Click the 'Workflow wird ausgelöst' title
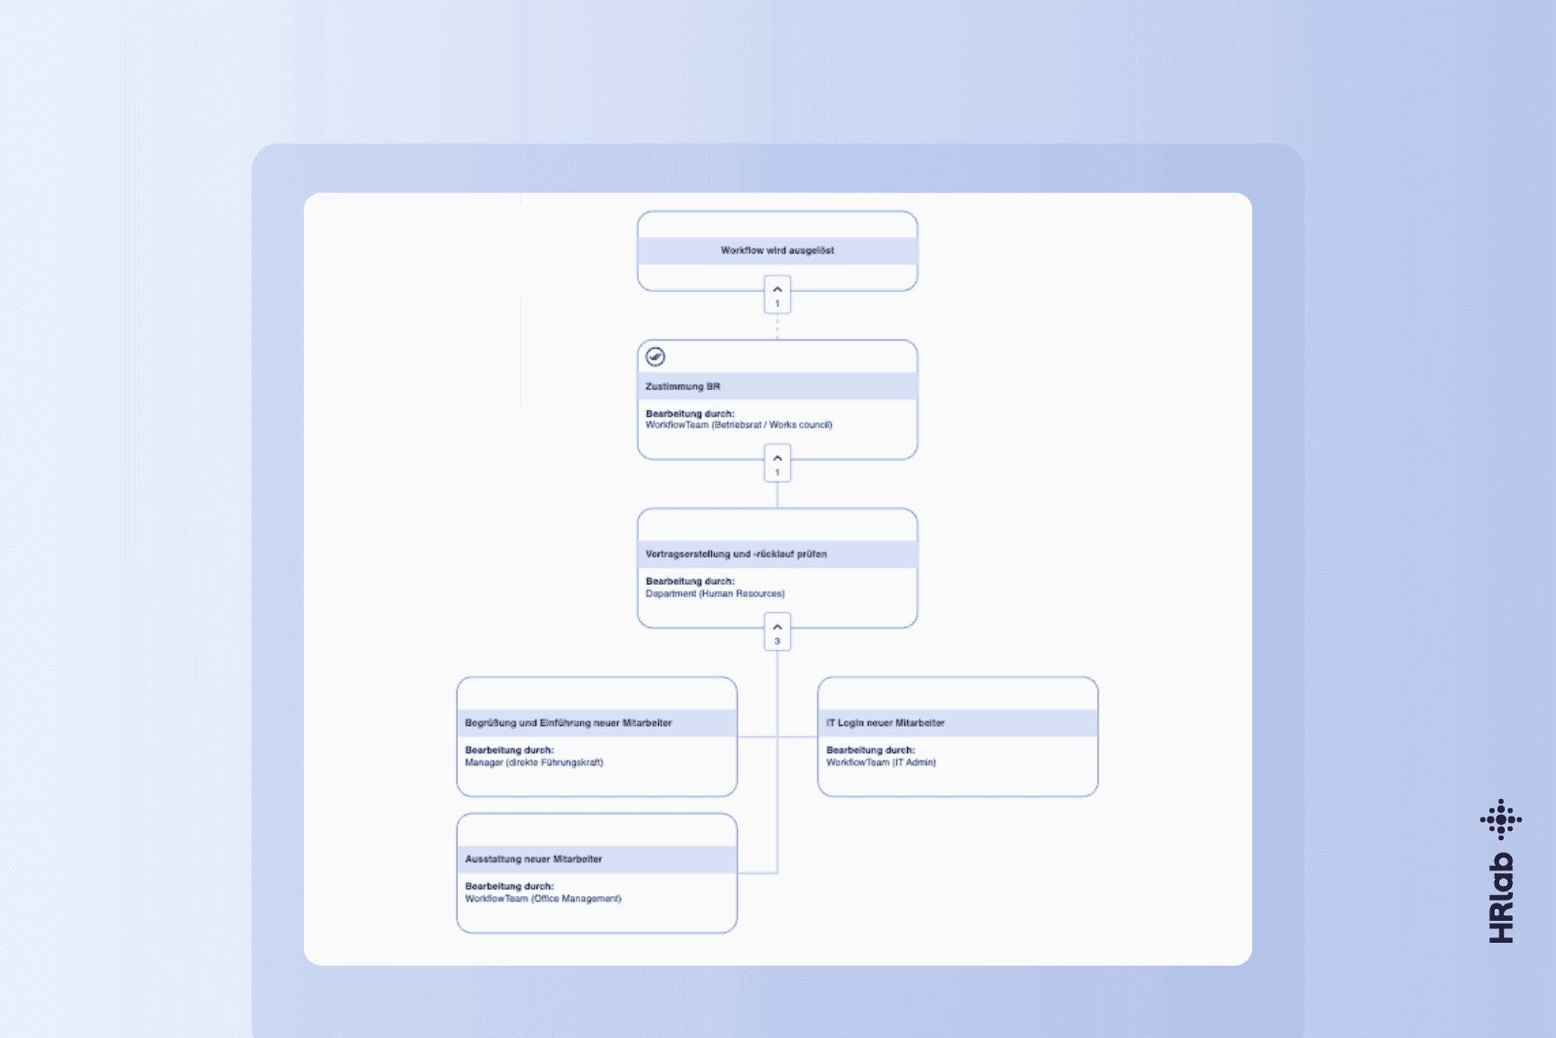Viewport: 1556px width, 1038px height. [777, 250]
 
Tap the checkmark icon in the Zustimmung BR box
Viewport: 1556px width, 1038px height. [655, 356]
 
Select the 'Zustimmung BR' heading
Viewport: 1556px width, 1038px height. [683, 386]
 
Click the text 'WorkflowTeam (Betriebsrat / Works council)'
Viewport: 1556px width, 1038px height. [740, 425]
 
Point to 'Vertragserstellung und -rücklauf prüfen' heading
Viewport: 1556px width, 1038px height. [736, 554]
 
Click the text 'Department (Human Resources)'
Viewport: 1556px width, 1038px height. [716, 593]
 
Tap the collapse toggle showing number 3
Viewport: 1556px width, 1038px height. [777, 632]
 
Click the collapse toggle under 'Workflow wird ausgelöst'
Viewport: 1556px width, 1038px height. [777, 294]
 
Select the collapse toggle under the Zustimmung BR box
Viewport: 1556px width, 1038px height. [777, 463]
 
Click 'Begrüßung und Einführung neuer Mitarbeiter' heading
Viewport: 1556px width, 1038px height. [568, 722]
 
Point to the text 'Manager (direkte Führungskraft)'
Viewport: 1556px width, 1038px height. [535, 762]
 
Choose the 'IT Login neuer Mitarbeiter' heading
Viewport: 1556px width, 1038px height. [886, 722]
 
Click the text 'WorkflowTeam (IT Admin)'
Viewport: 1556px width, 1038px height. [881, 762]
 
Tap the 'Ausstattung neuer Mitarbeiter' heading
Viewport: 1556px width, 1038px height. [534, 859]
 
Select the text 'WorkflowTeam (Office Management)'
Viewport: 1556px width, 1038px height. [543, 898]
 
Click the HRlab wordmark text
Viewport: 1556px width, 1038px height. [1502, 898]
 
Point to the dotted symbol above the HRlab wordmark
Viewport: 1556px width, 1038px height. [1501, 820]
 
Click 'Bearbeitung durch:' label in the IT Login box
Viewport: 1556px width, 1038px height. [870, 751]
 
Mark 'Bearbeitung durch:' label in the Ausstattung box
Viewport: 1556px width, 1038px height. [509, 887]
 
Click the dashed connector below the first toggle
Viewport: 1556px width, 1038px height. [777, 327]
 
